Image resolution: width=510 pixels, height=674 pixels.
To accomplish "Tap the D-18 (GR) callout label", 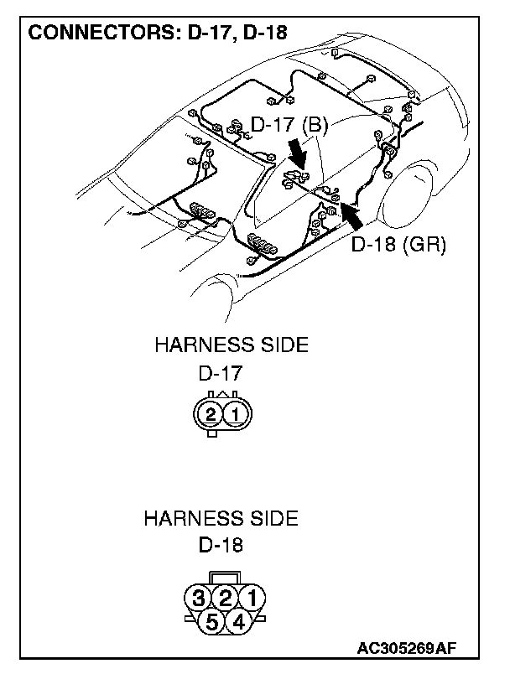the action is click(398, 245).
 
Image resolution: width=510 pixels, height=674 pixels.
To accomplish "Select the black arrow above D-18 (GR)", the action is click(353, 215).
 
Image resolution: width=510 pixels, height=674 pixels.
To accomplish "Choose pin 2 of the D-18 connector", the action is click(225, 598).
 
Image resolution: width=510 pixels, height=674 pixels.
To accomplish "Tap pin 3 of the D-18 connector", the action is click(198, 598).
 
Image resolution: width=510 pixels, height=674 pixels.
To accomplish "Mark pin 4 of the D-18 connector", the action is click(238, 621).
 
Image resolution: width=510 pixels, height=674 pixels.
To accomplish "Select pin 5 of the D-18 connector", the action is click(212, 621).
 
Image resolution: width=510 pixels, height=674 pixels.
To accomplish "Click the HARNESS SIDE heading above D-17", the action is click(231, 345).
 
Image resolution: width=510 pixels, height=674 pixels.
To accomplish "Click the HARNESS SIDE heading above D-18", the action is click(221, 518).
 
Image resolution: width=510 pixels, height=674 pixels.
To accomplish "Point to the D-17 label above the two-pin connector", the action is click(221, 372).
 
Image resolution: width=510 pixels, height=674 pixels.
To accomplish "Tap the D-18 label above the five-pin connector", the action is click(221, 546).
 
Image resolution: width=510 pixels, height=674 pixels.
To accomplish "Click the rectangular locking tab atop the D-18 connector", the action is click(225, 578).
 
